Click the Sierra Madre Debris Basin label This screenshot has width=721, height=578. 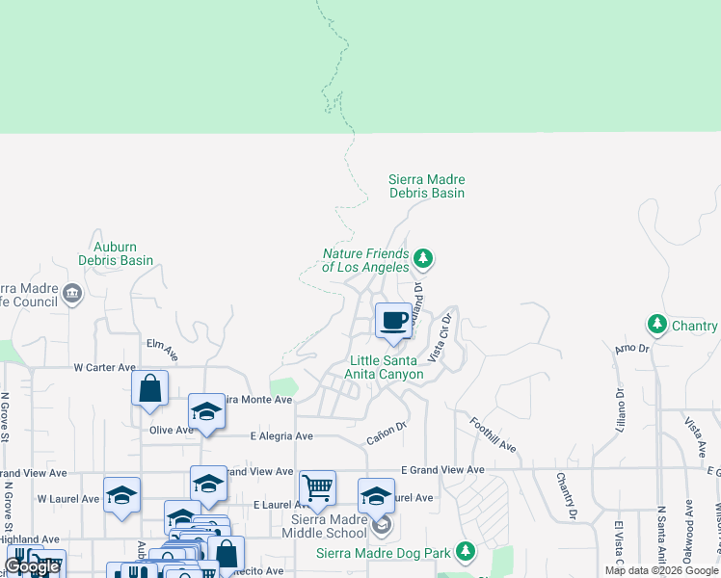(426, 186)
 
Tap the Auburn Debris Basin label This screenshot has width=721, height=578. (116, 253)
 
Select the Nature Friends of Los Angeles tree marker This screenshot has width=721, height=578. (422, 258)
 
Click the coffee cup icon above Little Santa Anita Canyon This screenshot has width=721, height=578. (393, 321)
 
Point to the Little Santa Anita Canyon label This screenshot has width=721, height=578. (386, 367)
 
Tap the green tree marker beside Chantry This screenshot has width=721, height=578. (657, 324)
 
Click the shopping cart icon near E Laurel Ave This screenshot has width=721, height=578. (317, 488)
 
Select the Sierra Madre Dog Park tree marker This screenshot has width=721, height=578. (466, 551)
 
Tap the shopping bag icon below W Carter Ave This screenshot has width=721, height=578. (150, 389)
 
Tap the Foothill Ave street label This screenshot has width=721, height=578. (494, 435)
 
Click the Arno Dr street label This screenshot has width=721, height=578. (631, 348)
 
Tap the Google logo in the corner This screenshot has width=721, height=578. (32, 567)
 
